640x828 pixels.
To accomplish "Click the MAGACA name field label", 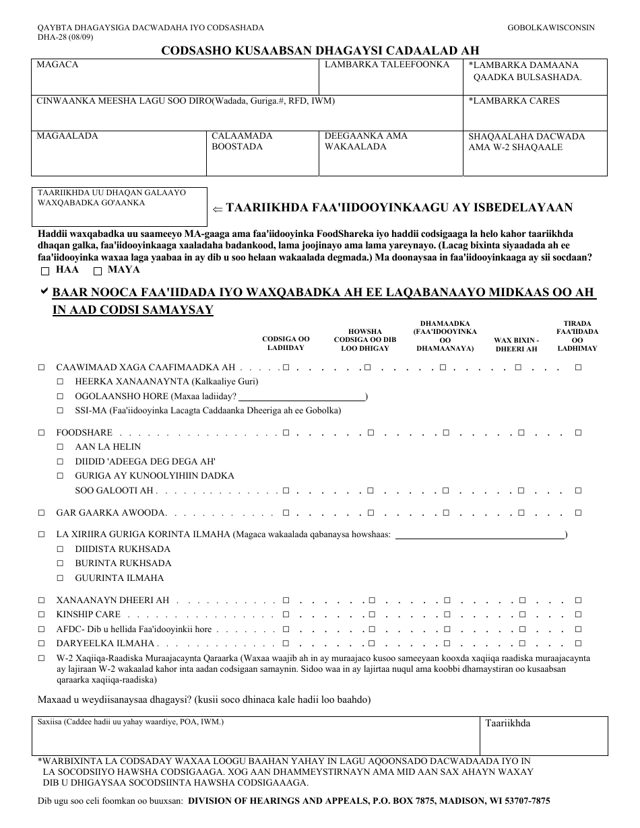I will [x=57, y=65].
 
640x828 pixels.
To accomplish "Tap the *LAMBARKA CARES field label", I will [x=514, y=101].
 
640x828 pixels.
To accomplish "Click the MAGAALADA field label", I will [x=67, y=136].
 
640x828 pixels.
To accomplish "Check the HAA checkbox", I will [x=45, y=271].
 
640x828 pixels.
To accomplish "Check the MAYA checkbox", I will [x=98, y=271].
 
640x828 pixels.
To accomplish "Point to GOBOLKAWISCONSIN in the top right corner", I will [x=550, y=28].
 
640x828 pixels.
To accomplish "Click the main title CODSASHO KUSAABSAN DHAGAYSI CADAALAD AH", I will [x=320, y=50].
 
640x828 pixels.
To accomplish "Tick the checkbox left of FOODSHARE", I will [x=42, y=433].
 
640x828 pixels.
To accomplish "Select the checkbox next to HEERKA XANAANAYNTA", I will [x=61, y=382].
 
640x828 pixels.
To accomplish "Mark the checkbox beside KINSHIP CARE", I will [x=42, y=615].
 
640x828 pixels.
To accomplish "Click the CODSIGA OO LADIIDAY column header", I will [x=286, y=343].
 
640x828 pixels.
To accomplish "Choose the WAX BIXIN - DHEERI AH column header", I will [x=516, y=344].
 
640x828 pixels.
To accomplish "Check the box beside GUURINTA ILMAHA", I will [x=61, y=578].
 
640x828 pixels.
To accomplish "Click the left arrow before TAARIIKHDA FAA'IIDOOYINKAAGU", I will [x=217, y=209].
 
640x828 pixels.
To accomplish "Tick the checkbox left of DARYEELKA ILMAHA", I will [x=42, y=644].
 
